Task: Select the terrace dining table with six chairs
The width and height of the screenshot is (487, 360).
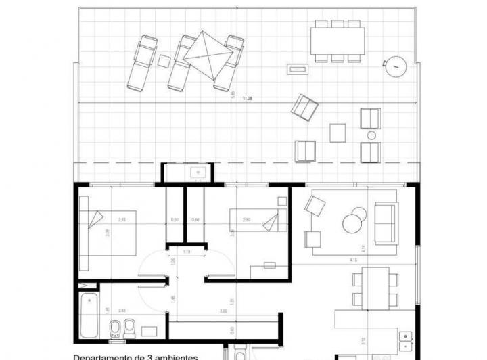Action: coord(338,41)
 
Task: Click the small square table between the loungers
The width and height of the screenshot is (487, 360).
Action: coord(164,60)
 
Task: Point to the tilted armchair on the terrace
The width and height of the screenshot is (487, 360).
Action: coord(304,107)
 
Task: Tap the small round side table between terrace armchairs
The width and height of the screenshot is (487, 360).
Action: coord(370,136)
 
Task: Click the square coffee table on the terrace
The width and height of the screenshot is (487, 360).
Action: coord(338,132)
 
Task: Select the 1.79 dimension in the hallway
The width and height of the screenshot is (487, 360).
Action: coord(185,252)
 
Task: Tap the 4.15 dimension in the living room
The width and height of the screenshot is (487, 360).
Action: coord(353,259)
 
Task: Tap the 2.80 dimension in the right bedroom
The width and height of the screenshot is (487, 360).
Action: coord(246,219)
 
